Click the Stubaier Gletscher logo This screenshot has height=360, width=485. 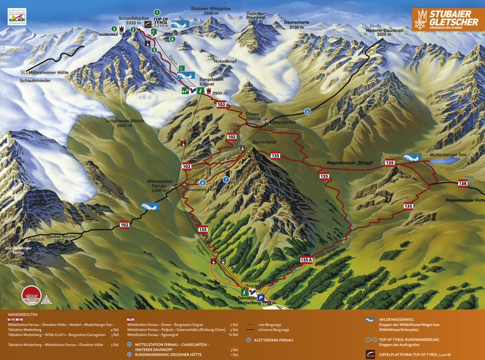click(447, 18)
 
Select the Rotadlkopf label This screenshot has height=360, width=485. click(225, 60)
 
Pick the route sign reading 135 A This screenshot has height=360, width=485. click(305, 260)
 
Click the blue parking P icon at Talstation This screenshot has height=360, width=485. click(260, 298)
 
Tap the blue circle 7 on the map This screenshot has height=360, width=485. click(226, 179)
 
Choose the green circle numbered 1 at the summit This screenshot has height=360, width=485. click(157, 12)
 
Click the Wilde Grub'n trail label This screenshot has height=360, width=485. click(328, 250)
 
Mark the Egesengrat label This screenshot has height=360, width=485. click(264, 142)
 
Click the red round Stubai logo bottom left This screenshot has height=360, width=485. click(30, 294)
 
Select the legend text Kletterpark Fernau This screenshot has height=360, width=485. click(274, 341)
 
